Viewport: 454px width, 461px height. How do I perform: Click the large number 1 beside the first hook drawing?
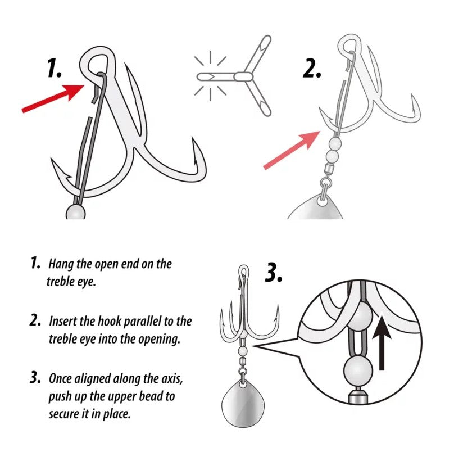click(55, 68)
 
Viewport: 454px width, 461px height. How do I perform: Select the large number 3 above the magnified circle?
click(274, 272)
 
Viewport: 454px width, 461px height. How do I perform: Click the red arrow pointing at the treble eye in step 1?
click(53, 98)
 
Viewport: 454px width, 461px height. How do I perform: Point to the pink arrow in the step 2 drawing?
click(292, 151)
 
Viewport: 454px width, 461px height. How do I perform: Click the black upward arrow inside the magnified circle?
click(382, 341)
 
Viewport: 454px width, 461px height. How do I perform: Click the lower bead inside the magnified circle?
click(358, 370)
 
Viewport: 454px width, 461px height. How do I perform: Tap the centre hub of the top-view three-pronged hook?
click(243, 77)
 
